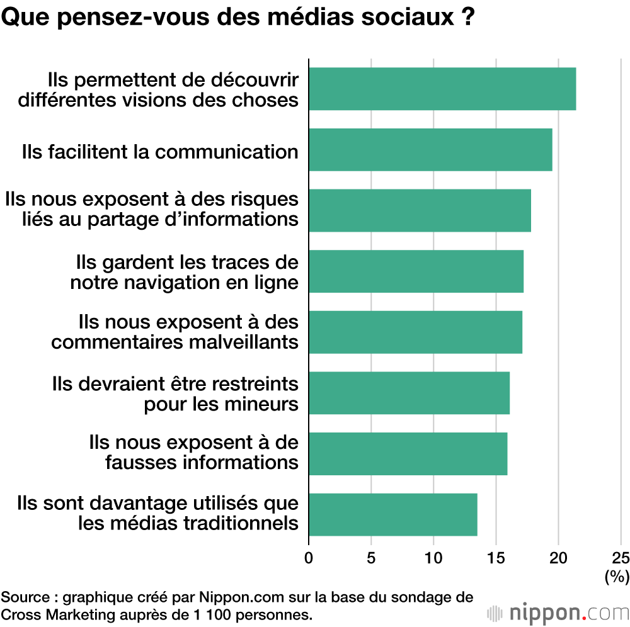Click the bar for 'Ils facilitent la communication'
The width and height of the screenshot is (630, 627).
[430, 149]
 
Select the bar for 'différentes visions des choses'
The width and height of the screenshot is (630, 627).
[442, 89]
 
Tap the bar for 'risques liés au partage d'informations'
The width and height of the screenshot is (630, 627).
[420, 210]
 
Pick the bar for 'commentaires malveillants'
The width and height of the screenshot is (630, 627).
[415, 332]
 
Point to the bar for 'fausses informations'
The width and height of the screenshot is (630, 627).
[408, 453]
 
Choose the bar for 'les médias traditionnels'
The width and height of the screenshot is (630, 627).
[392, 514]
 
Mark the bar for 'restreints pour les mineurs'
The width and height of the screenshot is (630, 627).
[409, 393]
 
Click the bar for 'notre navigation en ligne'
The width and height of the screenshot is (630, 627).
[416, 271]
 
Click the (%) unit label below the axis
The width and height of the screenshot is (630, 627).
[617, 575]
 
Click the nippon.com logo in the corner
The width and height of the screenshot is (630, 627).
[558, 612]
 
